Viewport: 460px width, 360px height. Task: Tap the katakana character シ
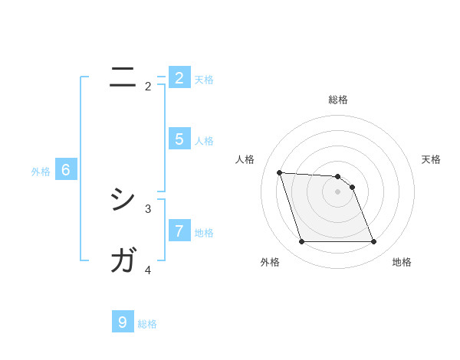coord(123,201)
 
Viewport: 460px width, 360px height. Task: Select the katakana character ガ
coord(123,260)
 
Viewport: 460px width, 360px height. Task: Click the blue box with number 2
coord(179,77)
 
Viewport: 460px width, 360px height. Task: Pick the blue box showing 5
coord(179,139)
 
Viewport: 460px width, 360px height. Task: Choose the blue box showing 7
coord(179,230)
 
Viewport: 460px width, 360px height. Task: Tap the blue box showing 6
coord(66,170)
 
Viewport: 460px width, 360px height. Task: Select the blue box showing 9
coord(123,322)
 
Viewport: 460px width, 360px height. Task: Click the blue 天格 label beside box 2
coord(204,79)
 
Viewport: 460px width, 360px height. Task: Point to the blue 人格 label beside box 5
coord(204,141)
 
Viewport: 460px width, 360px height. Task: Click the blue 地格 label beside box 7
coord(204,232)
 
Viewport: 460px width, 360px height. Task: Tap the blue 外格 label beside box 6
coord(41,172)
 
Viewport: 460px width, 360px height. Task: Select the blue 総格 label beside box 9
coord(147,324)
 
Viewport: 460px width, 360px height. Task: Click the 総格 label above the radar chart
coord(338,100)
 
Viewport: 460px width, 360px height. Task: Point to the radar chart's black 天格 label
coord(432,159)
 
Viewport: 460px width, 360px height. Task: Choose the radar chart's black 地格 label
coord(402,262)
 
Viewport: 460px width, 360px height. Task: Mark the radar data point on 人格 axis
coord(279,172)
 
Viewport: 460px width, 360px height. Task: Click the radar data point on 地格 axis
coord(373,242)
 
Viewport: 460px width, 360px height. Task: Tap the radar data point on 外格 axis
coord(301,242)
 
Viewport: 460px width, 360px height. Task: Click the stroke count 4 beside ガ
coord(148,270)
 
